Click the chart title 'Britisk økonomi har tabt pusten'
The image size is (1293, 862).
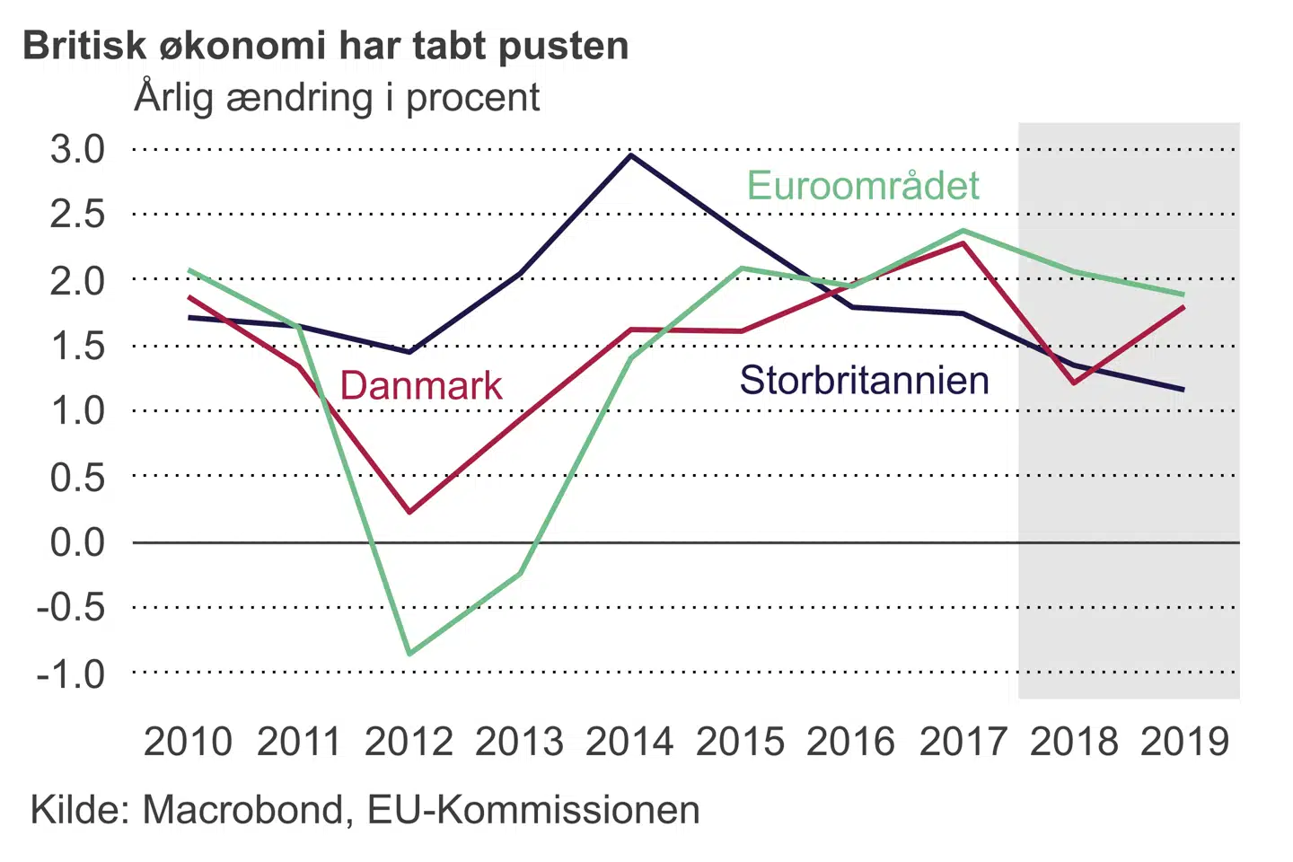point(325,46)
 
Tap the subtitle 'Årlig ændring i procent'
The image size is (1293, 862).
point(337,98)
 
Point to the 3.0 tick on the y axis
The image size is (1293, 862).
point(78,149)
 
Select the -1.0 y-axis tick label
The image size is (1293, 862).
point(71,673)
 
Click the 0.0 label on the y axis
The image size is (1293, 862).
point(78,542)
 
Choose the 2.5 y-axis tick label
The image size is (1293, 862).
point(78,215)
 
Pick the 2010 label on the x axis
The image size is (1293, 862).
point(188,742)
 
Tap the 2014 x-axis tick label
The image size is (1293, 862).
point(629,742)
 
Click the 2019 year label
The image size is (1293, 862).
point(1184,742)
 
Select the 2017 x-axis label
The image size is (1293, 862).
point(963,742)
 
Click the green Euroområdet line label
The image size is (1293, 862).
point(863,186)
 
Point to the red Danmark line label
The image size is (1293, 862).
point(421,385)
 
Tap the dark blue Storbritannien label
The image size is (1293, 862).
point(864,381)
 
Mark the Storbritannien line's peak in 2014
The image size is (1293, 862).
point(631,155)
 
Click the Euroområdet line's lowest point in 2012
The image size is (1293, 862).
point(409,654)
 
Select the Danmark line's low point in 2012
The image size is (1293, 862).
point(409,512)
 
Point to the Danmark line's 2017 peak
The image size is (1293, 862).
point(963,242)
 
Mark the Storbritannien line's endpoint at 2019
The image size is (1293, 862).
point(1183,390)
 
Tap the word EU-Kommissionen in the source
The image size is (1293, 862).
point(533,810)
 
